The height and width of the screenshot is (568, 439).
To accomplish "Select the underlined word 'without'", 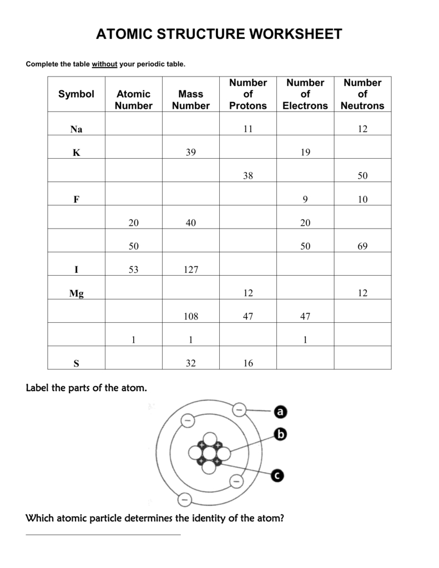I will coord(104,64).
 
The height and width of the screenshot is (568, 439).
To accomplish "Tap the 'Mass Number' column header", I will coord(190,100).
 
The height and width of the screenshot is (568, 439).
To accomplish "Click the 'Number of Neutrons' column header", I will coord(362,94).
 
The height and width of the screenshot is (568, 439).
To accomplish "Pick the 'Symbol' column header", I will coord(76,94).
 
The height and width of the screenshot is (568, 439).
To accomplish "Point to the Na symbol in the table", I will coord(76,129).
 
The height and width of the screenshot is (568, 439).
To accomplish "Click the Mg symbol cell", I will coord(76,293).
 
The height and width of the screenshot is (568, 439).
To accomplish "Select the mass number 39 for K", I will coord(190,153).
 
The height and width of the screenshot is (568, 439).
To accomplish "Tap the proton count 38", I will coord(248,176).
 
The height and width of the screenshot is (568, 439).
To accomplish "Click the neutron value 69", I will coord(362,246).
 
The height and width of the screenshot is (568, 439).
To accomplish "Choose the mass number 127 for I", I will coord(190,270).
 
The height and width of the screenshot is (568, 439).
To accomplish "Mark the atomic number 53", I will coord(133,270).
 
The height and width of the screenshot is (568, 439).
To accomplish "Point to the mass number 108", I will coord(190,317).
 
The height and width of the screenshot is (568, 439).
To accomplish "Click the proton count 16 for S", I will coord(248,364).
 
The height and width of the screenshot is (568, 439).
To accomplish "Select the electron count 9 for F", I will coord(305,200).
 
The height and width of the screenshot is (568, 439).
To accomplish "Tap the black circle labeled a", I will coord(280,412).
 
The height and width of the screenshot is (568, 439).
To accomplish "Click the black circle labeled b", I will coord(280,435).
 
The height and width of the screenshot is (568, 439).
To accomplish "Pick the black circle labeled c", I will coord(278,475).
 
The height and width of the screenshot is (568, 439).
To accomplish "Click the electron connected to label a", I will coord(239,409).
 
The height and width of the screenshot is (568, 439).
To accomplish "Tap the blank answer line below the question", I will coord(103,534).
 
